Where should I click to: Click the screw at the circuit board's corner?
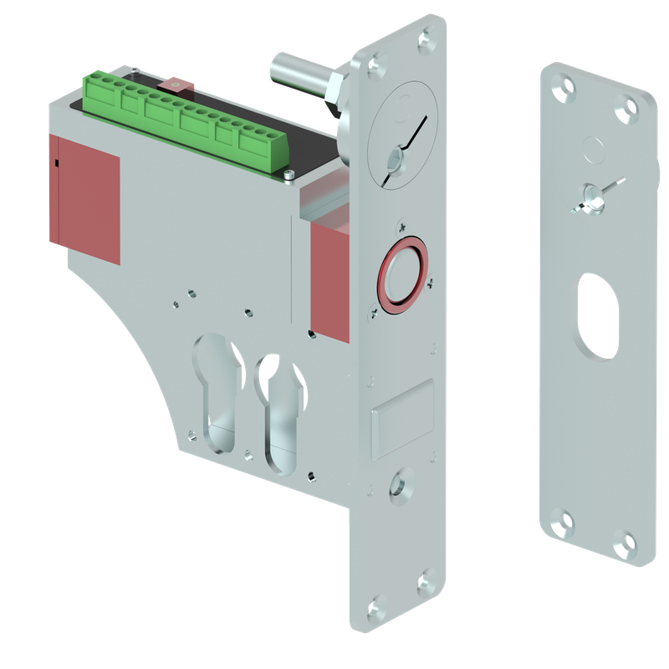click(x=288, y=175)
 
